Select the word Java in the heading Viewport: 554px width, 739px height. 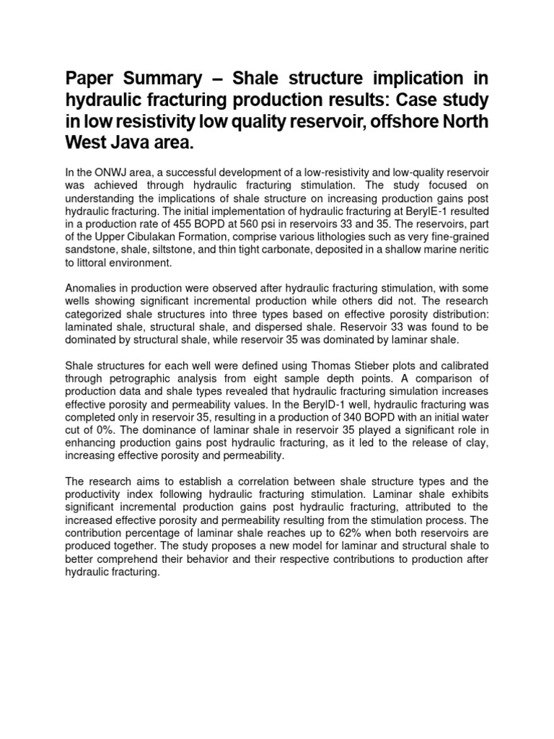tap(124, 142)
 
